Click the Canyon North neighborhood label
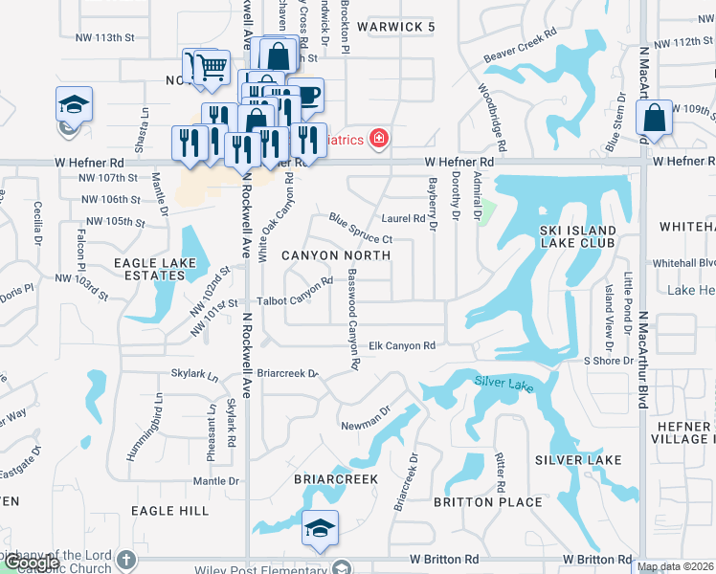pos(335,255)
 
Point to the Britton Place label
pos(475,502)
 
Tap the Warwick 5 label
pos(395,27)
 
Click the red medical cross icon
pos(379,140)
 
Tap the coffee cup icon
pos(307,95)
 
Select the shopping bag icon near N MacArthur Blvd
pos(654,119)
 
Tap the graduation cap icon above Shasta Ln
pos(73,103)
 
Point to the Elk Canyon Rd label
pos(402,345)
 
